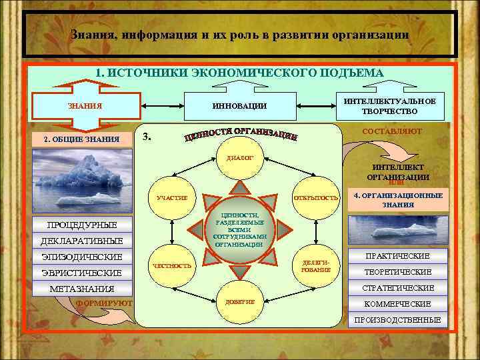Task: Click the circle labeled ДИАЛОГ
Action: (x=239, y=159)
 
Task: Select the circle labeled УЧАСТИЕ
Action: (x=172, y=198)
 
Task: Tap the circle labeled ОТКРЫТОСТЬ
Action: (x=316, y=198)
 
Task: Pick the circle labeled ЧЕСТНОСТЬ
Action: (x=172, y=265)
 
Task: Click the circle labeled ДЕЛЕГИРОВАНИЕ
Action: (x=316, y=265)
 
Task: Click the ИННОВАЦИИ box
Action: (x=239, y=105)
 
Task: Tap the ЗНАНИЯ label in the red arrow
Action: (x=85, y=105)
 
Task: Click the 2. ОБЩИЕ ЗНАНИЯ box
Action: (x=81, y=139)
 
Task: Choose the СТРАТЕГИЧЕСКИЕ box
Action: (x=397, y=288)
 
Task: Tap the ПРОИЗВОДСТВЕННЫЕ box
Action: (x=397, y=320)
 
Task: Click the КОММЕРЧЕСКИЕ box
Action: (x=397, y=304)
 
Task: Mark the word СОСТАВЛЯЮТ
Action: (x=391, y=131)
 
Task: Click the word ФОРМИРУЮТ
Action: (x=105, y=303)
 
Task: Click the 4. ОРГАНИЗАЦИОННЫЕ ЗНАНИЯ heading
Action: (x=397, y=200)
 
